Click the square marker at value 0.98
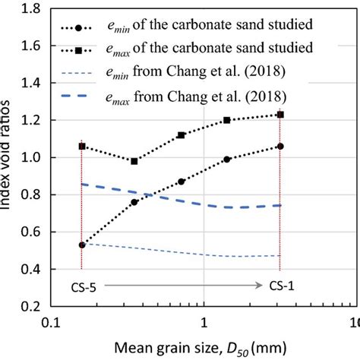pyautogui.click(x=134, y=161)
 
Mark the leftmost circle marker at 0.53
pyautogui.click(x=81, y=245)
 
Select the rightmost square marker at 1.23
pyautogui.click(x=280, y=115)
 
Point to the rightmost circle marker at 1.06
pyautogui.click(x=280, y=146)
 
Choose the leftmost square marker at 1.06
pyautogui.click(x=81, y=146)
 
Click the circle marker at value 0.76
pyautogui.click(x=134, y=202)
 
